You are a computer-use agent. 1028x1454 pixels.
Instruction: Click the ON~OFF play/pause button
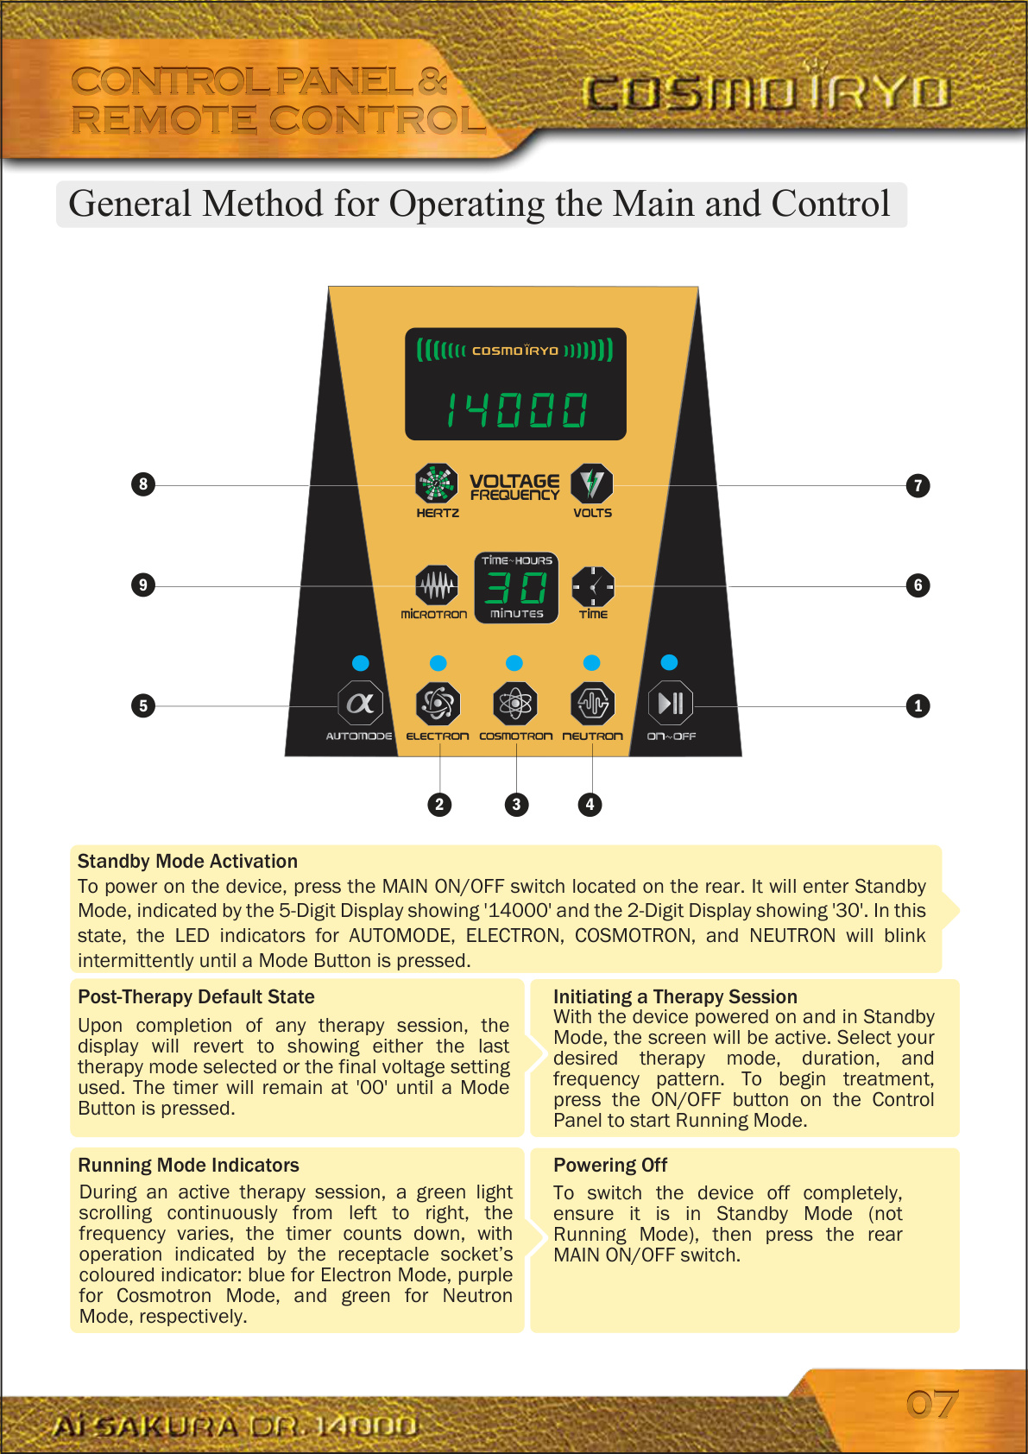point(671,704)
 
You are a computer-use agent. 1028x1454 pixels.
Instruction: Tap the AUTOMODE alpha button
point(360,704)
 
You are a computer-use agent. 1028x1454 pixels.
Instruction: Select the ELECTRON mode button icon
point(438,704)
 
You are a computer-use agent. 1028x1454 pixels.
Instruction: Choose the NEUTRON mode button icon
point(593,704)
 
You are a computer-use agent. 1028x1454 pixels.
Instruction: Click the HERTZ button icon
point(437,484)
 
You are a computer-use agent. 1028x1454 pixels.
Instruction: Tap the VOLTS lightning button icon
point(592,484)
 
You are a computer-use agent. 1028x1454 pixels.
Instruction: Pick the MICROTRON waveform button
point(437,586)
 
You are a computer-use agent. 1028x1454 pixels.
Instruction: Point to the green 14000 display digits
point(516,409)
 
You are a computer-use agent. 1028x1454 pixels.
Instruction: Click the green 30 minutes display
point(516,588)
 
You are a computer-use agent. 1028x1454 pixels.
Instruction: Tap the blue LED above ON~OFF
point(669,662)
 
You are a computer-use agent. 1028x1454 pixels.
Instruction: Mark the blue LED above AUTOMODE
point(361,663)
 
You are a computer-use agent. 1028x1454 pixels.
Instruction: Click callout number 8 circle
point(143,484)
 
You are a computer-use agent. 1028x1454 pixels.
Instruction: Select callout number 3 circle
point(516,805)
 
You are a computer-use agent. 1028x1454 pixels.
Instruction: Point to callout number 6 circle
point(918,585)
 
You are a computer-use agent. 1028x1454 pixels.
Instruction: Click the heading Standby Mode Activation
point(187,861)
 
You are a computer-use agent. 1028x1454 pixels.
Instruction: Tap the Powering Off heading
point(610,1165)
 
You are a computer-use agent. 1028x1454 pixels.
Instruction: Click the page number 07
point(932,1404)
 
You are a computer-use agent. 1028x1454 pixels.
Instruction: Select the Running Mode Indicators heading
point(188,1165)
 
